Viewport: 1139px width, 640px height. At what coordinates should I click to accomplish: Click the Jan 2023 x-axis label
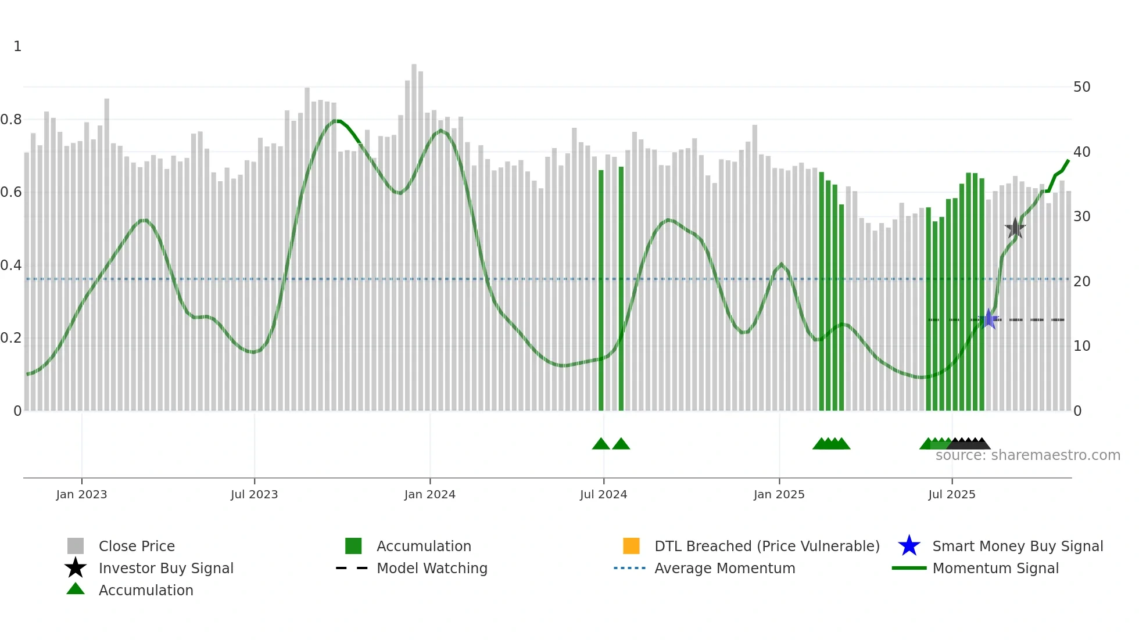[81, 494]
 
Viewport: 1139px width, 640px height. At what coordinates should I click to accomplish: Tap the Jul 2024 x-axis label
[603, 494]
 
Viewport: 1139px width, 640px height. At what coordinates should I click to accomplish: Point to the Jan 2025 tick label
[779, 494]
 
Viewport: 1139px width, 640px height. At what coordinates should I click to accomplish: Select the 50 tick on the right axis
[1081, 87]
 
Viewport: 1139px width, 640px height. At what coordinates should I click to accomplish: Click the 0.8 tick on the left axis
[11, 120]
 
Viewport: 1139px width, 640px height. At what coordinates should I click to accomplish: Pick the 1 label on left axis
[17, 46]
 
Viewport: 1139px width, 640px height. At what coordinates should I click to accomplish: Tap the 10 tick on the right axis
[1081, 346]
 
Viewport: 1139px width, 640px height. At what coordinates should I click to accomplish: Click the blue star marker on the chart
[988, 319]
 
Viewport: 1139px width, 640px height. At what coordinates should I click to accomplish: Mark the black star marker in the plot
[1015, 228]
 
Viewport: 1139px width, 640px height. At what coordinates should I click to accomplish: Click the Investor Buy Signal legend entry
[166, 568]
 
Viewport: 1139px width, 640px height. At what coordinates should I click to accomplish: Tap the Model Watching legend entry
[432, 568]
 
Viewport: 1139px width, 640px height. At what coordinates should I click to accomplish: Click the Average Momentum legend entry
[724, 568]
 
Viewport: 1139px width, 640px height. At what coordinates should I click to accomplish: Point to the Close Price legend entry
[137, 546]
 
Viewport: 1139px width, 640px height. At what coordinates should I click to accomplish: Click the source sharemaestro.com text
[1027, 455]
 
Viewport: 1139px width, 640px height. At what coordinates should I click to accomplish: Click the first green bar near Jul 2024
[601, 290]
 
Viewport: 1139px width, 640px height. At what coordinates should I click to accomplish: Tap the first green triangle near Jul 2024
[601, 444]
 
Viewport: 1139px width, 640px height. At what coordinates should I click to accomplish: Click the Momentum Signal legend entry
[995, 568]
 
